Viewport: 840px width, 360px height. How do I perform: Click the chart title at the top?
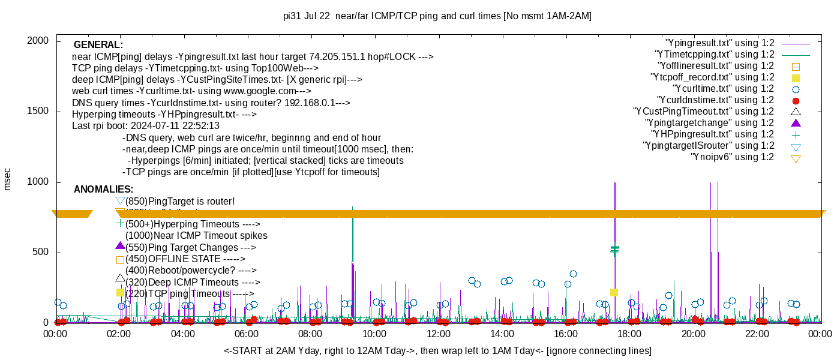[x=437, y=16]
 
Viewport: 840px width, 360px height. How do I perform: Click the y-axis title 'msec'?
[x=7, y=179]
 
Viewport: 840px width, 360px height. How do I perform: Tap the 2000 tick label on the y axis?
[x=39, y=41]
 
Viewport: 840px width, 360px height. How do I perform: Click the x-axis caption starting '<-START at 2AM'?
[x=437, y=350]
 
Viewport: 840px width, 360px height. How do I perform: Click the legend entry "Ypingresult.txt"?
[x=720, y=43]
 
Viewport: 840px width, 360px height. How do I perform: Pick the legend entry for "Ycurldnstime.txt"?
[x=716, y=100]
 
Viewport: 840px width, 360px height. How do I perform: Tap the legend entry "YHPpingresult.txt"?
[x=713, y=134]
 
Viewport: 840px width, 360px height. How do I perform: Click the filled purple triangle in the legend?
[x=796, y=123]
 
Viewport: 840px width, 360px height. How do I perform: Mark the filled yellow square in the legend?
[x=796, y=78]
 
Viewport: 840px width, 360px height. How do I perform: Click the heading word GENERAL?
[x=98, y=45]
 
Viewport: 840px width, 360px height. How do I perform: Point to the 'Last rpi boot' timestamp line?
[x=146, y=126]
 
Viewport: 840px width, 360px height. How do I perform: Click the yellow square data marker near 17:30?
[x=614, y=292]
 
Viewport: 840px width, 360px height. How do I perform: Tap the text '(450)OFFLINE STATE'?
[x=185, y=259]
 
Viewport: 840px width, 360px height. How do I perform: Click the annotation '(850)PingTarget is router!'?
[x=180, y=201]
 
